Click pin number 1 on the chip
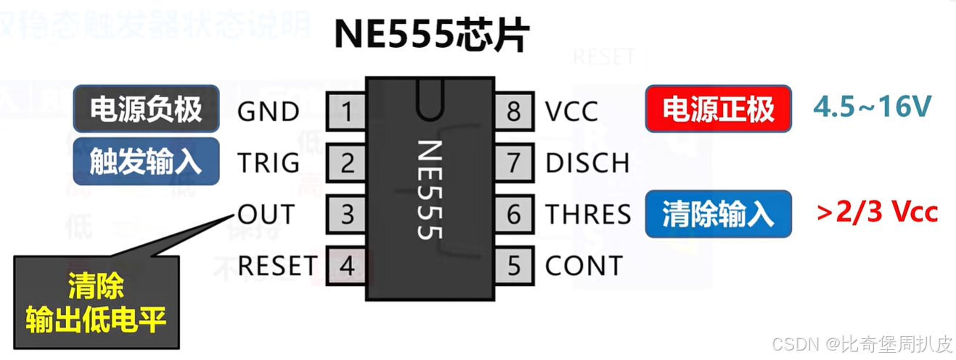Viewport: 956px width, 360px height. tap(347, 112)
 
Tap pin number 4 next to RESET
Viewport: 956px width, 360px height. tap(347, 266)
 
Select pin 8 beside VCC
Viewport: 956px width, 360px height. tap(514, 112)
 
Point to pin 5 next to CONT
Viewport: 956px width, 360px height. tap(514, 266)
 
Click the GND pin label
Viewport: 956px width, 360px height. tap(268, 112)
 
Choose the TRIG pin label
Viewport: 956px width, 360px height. tap(268, 163)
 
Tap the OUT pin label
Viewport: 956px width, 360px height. tap(266, 215)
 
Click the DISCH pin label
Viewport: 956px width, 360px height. tap(587, 163)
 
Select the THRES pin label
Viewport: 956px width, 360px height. tap(588, 215)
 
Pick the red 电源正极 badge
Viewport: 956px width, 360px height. tap(718, 110)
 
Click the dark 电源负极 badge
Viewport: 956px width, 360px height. tap(146, 110)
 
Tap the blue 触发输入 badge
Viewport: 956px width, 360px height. tap(146, 161)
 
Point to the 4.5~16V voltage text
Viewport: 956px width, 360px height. tap(872, 107)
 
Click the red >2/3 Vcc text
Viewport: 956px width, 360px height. tap(877, 212)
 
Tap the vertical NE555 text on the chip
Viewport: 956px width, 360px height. tap(430, 189)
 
